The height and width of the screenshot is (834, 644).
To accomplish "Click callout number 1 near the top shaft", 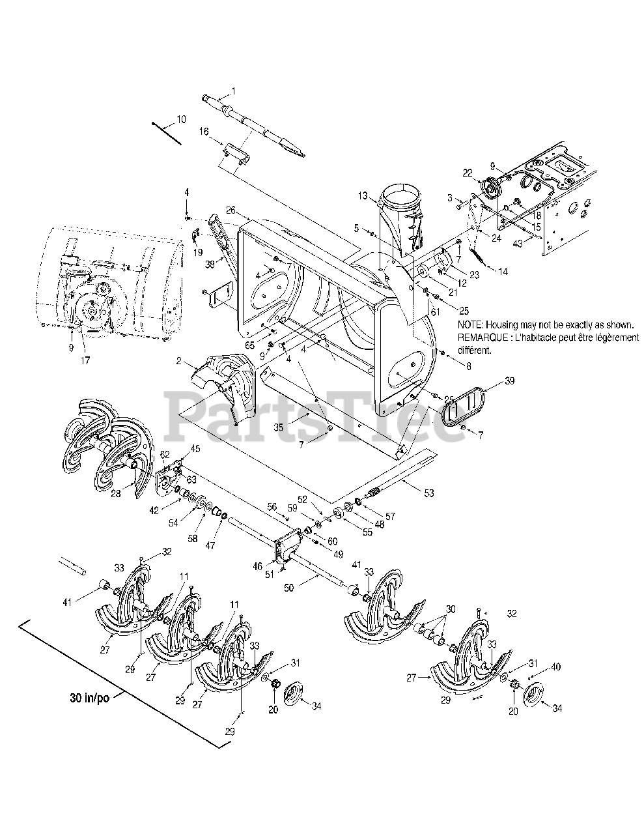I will pyautogui.click(x=234, y=91).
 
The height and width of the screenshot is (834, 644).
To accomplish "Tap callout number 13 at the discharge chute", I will pyautogui.click(x=363, y=195).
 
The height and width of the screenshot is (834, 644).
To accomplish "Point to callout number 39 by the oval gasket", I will pyautogui.click(x=510, y=381).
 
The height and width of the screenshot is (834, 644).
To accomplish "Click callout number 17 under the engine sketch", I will pyautogui.click(x=86, y=359).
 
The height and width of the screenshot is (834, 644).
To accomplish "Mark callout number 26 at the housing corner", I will pyautogui.click(x=229, y=210).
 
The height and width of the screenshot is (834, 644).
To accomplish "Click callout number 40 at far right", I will pyautogui.click(x=555, y=667).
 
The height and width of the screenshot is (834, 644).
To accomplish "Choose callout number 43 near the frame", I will pyautogui.click(x=518, y=244).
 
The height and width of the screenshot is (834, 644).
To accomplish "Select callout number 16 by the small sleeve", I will pyautogui.click(x=204, y=131).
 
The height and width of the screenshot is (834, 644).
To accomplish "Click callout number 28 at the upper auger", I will pyautogui.click(x=115, y=476).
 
